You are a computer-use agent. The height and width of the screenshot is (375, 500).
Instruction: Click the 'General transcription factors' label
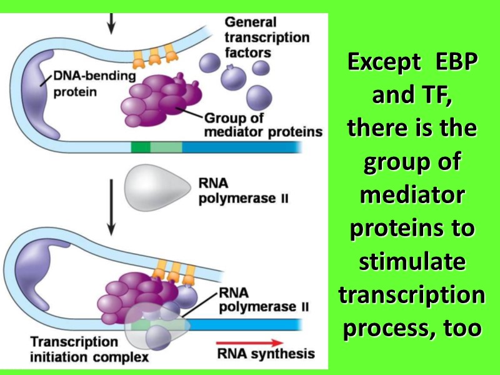click(266, 37)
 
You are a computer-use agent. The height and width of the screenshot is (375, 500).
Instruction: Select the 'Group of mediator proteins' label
click(263, 125)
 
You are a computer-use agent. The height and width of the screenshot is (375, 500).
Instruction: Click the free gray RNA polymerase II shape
click(156, 189)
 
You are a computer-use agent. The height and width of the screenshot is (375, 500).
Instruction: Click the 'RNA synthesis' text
click(266, 354)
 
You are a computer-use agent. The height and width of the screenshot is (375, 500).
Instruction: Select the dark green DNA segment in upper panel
click(141, 147)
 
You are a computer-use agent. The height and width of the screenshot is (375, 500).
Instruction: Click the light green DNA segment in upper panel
click(166, 147)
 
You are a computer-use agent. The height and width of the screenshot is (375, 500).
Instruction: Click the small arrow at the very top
click(111, 22)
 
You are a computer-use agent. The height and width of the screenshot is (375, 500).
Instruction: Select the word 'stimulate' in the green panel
click(412, 261)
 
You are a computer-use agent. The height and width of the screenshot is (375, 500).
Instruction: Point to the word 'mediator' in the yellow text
click(412, 195)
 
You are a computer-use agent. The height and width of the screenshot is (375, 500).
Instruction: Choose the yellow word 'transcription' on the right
click(412, 294)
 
